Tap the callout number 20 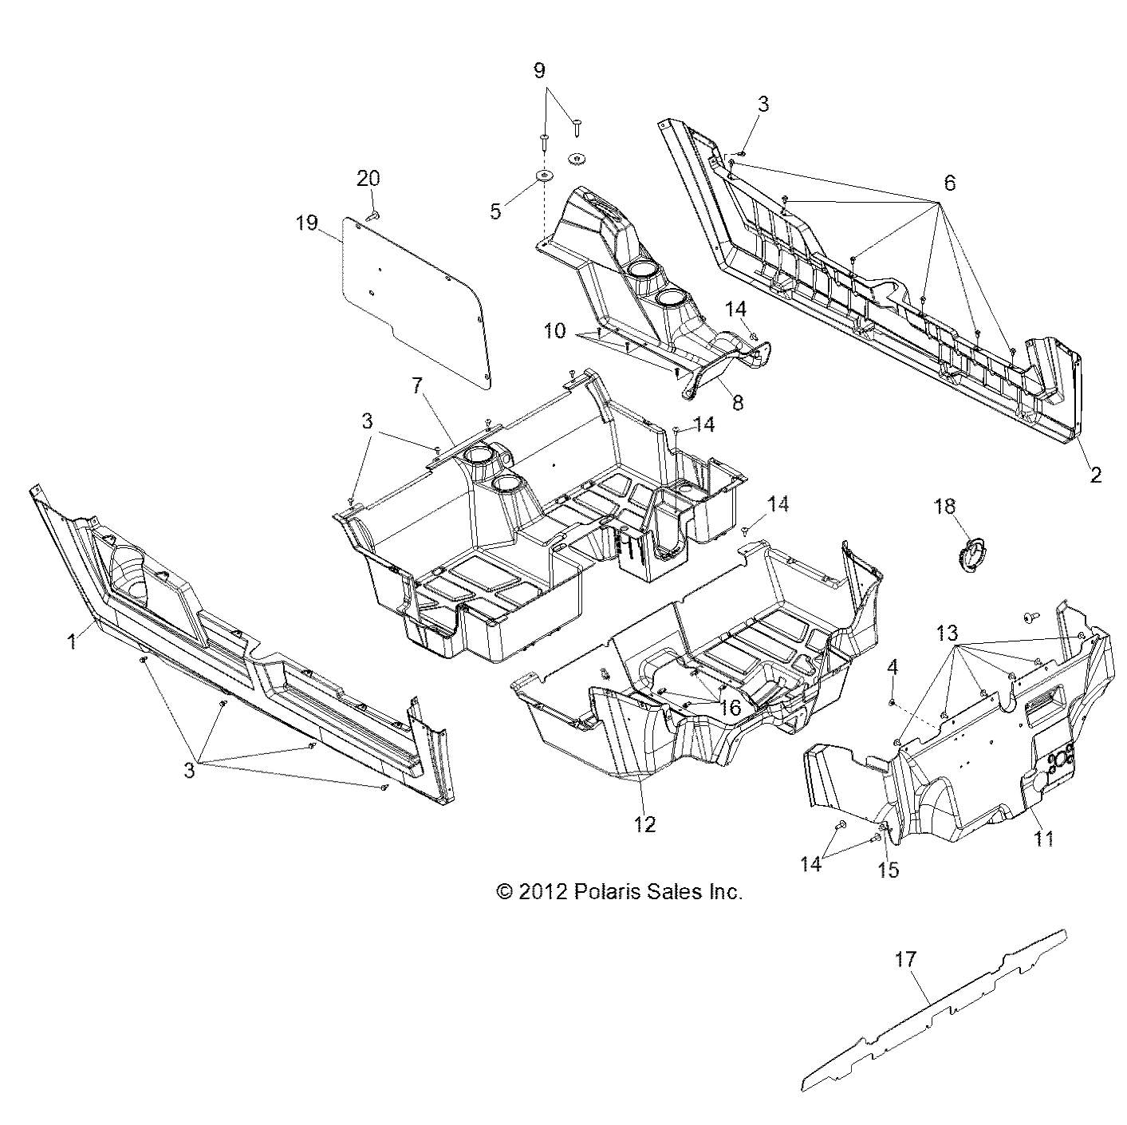coord(368,179)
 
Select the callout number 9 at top coord(540,70)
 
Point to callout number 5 coord(495,211)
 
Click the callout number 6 coord(948,182)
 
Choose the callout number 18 coord(945,507)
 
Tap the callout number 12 coord(644,824)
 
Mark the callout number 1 coord(72,640)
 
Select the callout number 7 coord(416,386)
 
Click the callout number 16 coord(730,708)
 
